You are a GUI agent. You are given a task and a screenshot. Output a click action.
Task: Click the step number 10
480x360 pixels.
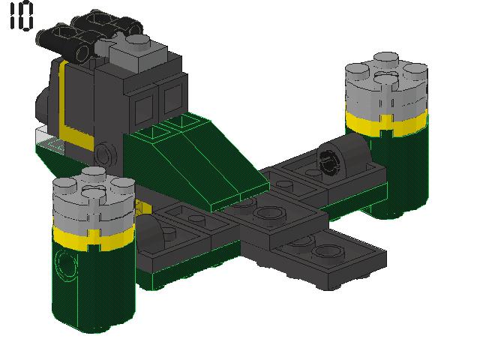[x=21, y=15]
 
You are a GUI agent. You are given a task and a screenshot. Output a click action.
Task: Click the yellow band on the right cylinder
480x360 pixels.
[x=386, y=123]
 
